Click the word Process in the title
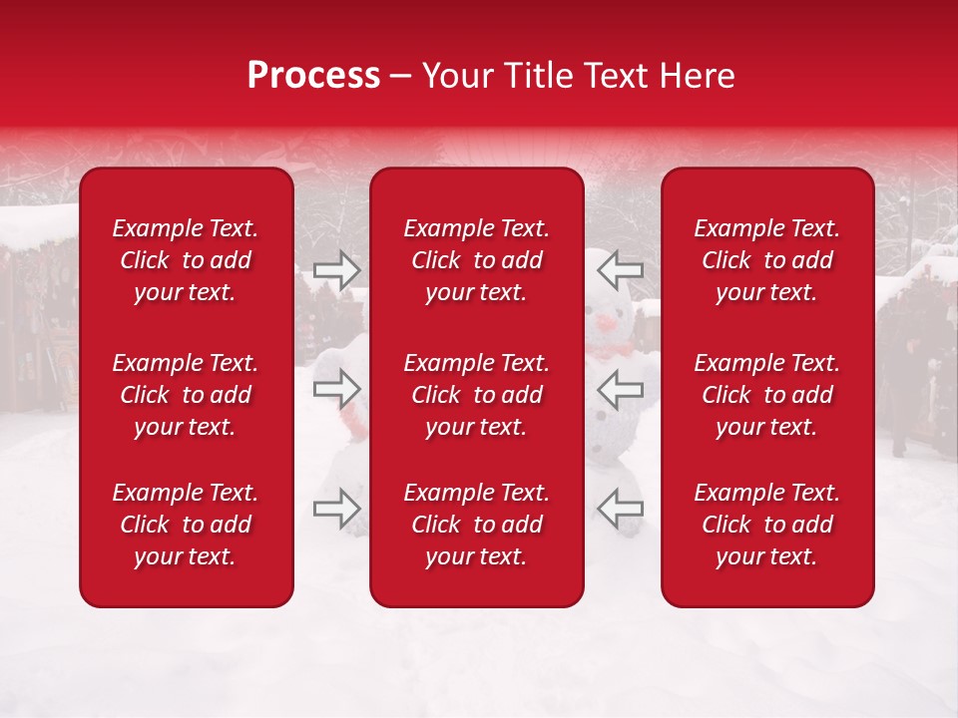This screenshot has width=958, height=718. point(313,76)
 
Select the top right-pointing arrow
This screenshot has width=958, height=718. point(337,269)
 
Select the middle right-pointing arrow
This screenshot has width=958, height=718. point(337,389)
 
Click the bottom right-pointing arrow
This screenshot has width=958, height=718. point(337,509)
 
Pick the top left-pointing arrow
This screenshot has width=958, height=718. point(620,269)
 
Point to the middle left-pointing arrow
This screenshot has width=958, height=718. point(620,389)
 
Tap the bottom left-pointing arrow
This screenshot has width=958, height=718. point(620,509)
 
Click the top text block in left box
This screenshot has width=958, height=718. point(186,260)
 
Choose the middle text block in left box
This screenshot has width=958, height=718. point(186,395)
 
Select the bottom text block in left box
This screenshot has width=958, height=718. point(186,525)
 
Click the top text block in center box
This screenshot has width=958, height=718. point(476,260)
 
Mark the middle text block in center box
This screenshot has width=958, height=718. point(476,395)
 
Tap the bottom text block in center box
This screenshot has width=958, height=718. point(476,525)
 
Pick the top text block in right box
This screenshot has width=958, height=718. point(766,260)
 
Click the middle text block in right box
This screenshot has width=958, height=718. point(766,395)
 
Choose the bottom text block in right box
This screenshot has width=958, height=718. point(766,525)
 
